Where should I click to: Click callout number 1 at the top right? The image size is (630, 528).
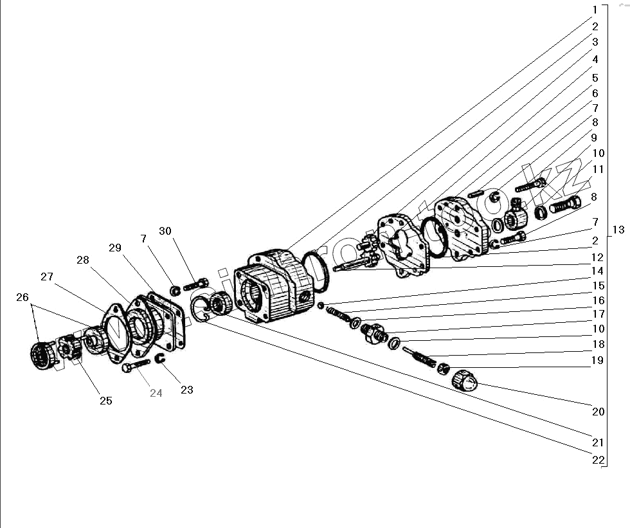click(x=595, y=10)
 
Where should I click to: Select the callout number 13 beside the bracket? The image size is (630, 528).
click(x=618, y=230)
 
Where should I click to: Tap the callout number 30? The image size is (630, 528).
click(x=165, y=232)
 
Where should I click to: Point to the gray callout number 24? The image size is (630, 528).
click(x=156, y=393)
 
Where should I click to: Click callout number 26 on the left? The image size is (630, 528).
click(x=23, y=297)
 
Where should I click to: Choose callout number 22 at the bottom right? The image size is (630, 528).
click(x=598, y=460)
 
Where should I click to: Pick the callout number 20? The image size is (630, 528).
click(x=598, y=411)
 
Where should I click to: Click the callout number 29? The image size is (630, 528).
click(x=114, y=248)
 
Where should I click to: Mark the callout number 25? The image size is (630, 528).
click(x=105, y=400)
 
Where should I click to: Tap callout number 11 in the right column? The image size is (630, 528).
click(x=598, y=169)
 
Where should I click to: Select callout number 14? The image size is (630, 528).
click(x=598, y=271)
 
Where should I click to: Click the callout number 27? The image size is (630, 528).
click(x=46, y=277)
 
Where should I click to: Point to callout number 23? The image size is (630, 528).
click(x=186, y=389)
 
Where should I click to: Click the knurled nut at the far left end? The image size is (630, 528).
click(x=42, y=356)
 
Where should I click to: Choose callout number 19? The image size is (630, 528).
click(x=598, y=360)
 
